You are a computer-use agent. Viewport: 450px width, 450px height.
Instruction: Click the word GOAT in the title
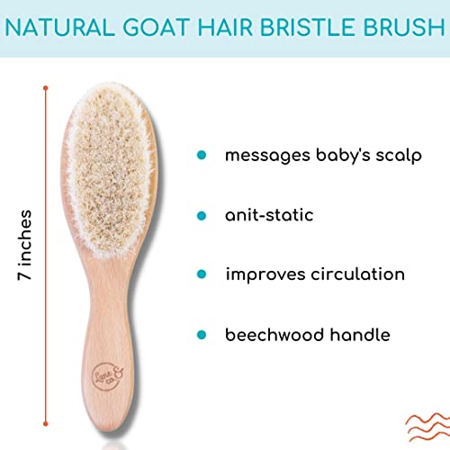(x=157, y=27)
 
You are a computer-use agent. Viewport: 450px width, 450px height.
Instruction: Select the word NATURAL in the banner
(x=59, y=27)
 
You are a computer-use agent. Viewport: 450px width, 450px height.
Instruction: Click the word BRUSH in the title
(x=404, y=27)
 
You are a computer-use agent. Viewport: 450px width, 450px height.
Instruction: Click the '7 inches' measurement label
(x=24, y=245)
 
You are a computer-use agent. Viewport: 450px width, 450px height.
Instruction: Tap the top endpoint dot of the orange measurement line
(x=46, y=88)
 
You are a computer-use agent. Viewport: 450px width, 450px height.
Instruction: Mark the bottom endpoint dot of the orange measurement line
(x=46, y=424)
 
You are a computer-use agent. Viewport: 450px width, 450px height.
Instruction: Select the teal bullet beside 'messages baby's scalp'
(x=202, y=155)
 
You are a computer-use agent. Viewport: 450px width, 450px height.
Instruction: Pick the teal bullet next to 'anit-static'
(x=202, y=215)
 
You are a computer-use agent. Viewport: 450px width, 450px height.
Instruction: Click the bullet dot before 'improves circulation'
(x=202, y=274)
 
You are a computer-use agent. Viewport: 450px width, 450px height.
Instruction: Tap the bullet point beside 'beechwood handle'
(x=202, y=335)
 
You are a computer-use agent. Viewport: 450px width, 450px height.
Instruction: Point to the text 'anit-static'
(x=269, y=215)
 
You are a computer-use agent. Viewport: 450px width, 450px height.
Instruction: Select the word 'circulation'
(x=357, y=274)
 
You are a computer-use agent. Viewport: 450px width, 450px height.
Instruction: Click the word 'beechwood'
(x=274, y=335)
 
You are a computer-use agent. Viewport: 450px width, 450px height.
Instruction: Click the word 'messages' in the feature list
(x=267, y=157)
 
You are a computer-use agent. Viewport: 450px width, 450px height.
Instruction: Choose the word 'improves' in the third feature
(x=265, y=275)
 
